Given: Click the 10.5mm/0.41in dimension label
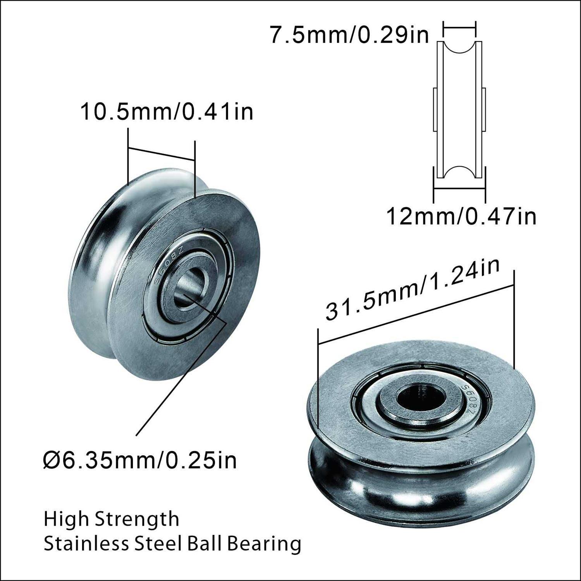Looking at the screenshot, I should (x=167, y=112).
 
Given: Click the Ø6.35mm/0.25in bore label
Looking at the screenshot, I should (x=140, y=461).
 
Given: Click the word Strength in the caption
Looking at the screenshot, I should (x=137, y=519).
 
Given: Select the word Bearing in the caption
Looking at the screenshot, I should (x=264, y=544).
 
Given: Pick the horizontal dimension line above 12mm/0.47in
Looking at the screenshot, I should (x=459, y=189).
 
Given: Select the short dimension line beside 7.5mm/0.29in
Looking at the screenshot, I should (x=459, y=27).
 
